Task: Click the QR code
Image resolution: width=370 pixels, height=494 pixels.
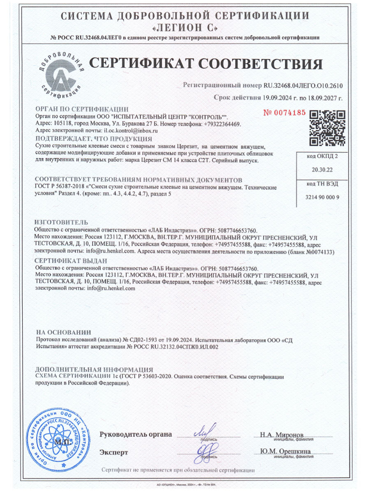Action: [x=326, y=128]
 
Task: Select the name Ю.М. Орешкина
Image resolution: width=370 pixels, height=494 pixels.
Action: [x=285, y=451]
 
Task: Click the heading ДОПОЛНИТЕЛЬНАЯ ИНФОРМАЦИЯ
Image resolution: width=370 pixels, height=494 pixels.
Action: [x=94, y=369]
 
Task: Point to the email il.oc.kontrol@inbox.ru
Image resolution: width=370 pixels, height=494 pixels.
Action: [x=131, y=130]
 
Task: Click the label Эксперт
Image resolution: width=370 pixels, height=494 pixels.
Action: [x=113, y=452]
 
